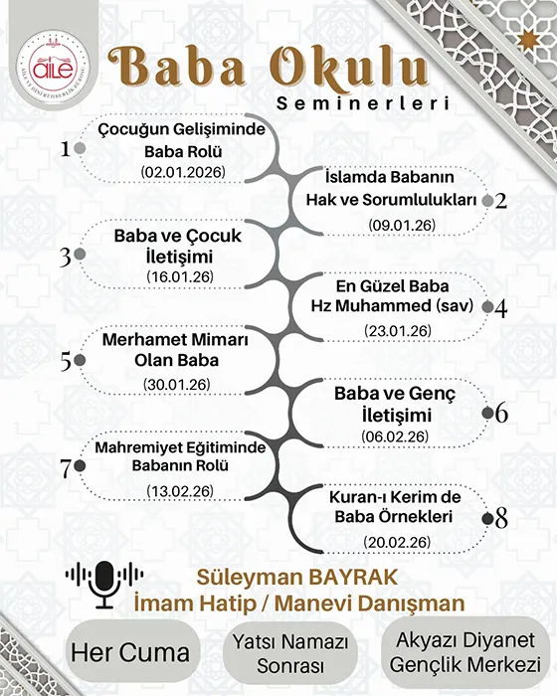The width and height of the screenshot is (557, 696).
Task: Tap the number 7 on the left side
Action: pos(66,466)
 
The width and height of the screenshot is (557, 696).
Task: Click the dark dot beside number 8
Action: pos(486,518)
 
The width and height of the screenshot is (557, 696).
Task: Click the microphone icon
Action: pos(103,583)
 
